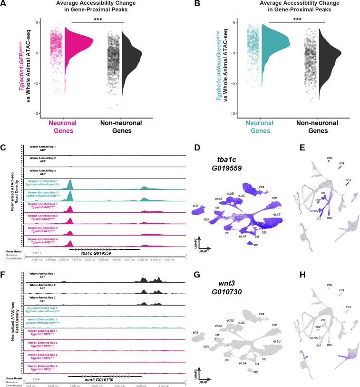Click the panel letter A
(4, 4)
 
